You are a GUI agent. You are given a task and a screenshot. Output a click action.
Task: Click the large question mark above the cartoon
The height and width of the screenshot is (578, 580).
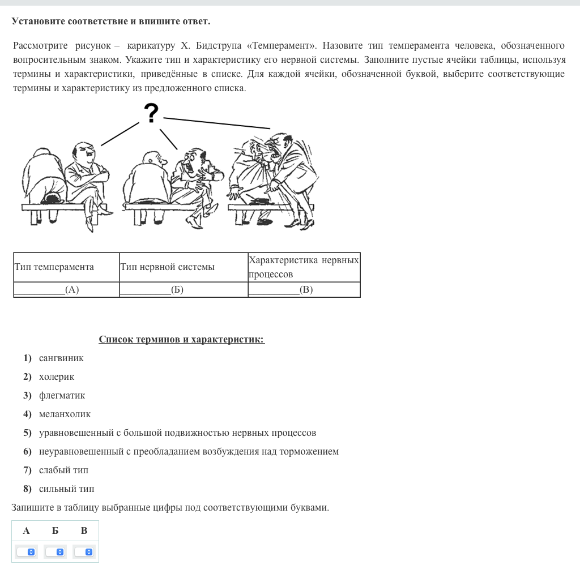151,113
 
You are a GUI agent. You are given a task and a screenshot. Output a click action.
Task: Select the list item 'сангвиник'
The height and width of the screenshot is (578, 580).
61,358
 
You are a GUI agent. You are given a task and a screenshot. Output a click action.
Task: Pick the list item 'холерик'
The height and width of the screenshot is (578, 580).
57,376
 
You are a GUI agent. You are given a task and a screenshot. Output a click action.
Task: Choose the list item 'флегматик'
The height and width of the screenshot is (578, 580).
62,395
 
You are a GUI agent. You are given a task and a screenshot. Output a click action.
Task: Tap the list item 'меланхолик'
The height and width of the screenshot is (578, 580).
65,414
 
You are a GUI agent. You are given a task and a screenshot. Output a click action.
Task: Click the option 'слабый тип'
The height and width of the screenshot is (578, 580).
63,470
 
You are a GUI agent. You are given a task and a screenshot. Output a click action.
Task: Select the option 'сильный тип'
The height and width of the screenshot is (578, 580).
66,489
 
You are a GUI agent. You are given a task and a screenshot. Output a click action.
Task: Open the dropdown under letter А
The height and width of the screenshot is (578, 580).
26,551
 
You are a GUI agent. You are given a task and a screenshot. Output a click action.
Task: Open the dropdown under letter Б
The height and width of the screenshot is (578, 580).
56,551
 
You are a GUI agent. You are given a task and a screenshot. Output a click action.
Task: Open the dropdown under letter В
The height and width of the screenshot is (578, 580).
84,551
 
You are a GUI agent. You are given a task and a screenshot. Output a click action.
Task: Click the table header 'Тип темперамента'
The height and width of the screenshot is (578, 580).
54,267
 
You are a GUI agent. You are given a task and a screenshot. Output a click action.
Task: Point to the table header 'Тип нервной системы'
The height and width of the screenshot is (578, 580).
167,267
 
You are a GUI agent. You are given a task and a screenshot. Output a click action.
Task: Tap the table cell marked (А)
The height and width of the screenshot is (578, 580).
66,290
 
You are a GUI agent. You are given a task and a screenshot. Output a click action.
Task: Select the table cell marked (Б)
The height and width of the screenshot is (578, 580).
183,290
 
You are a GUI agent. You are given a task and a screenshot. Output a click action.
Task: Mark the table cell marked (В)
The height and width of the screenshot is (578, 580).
304,290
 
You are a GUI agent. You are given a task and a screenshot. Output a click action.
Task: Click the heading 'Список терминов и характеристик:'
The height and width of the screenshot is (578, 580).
181,339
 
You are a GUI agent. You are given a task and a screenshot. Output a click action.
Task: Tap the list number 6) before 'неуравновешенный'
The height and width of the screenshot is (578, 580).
27,451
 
